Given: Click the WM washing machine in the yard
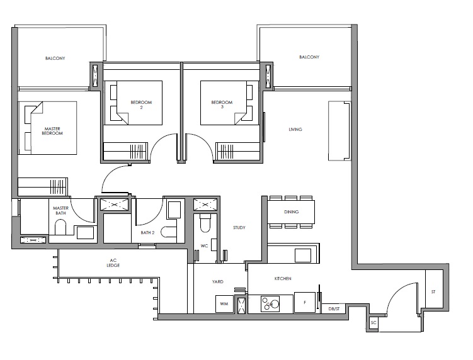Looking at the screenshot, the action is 224,303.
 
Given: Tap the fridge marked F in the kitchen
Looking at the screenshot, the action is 305,302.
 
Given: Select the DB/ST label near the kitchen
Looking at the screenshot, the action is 334,309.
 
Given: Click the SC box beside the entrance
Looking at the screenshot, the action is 373,323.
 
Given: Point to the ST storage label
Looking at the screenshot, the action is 433,291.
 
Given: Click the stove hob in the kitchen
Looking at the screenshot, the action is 270,303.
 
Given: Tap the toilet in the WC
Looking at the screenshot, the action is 205,223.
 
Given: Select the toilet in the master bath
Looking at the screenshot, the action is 60,227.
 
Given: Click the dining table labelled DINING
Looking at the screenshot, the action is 291,212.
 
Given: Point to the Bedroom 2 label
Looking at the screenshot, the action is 141,104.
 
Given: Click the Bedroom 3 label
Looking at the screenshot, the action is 222,104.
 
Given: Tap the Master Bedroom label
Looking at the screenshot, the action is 52,131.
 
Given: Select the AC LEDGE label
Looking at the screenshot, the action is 113,263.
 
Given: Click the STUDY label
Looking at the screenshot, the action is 239,228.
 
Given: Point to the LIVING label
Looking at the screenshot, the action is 295,130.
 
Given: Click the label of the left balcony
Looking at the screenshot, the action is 55,58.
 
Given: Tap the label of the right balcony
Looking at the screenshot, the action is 309,57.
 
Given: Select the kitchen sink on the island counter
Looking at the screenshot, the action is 303,256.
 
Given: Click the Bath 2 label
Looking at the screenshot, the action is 147,233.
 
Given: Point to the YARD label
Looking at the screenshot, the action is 217,281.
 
